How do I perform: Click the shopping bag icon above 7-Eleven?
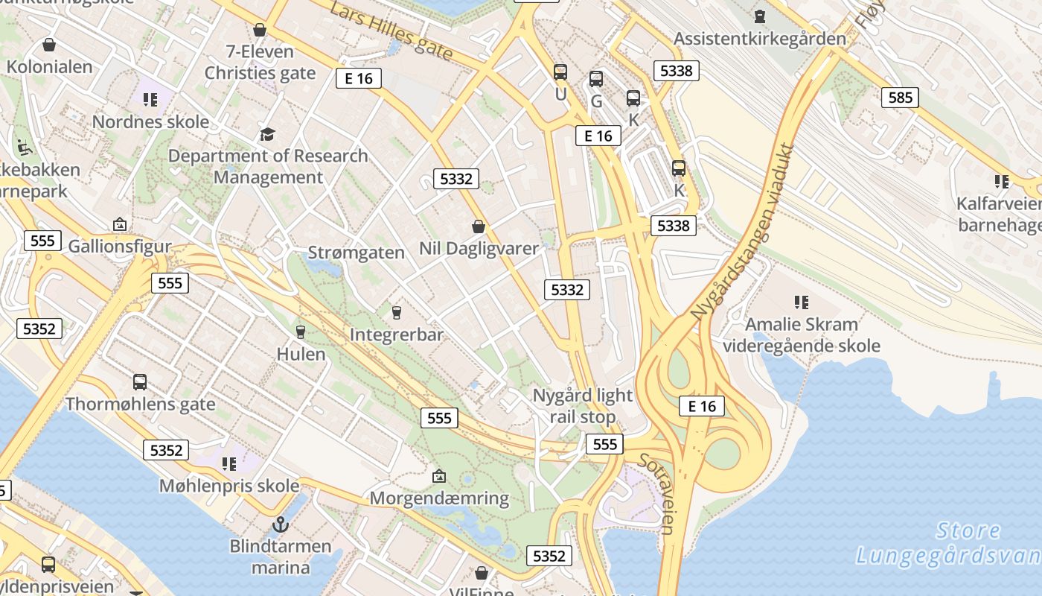(x=260, y=30)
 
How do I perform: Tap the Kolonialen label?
(x=50, y=66)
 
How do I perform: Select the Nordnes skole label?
(x=150, y=121)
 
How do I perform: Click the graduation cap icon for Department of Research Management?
(x=267, y=134)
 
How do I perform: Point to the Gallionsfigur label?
(x=120, y=246)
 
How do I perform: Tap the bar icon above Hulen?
(x=301, y=332)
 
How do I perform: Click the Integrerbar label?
(x=396, y=335)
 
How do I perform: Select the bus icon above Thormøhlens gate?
(x=139, y=382)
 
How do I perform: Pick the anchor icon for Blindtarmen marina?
(x=280, y=524)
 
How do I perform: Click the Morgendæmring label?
(x=439, y=498)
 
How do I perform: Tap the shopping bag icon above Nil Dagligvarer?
(x=479, y=226)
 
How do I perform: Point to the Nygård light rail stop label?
(x=583, y=406)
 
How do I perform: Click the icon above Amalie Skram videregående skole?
(x=801, y=302)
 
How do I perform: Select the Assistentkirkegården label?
(x=760, y=38)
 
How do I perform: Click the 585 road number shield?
(x=900, y=98)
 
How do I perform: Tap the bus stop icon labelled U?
(x=560, y=72)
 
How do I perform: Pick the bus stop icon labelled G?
(x=596, y=79)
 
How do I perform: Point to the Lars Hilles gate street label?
(x=390, y=31)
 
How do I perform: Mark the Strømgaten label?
(x=357, y=253)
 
